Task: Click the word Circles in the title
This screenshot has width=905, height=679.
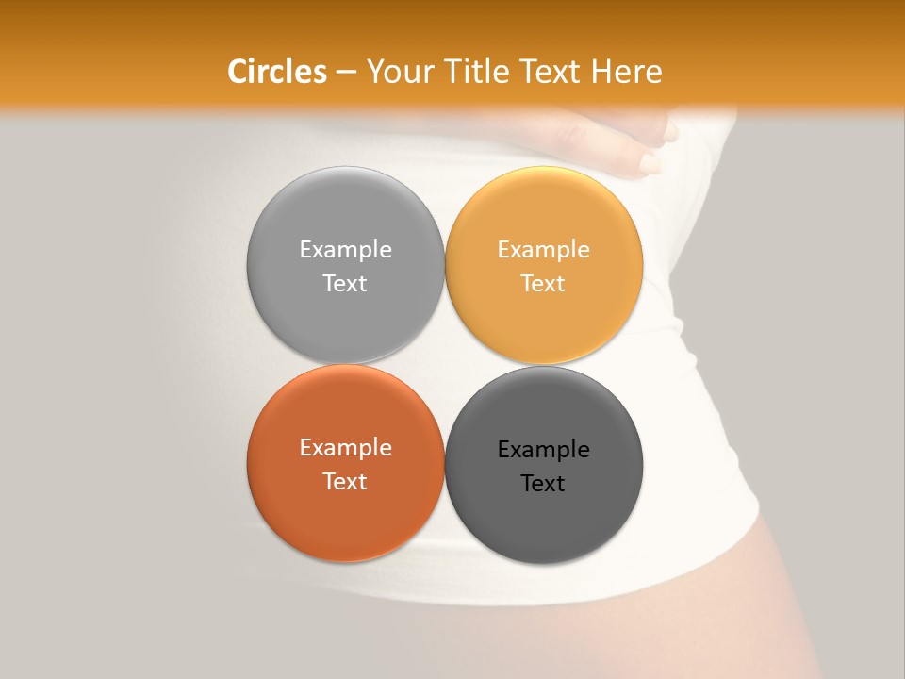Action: [276, 72]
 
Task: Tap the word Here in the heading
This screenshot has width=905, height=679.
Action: [627, 72]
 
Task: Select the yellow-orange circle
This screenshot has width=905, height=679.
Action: [543, 217]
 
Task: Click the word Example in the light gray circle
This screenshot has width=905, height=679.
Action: [345, 249]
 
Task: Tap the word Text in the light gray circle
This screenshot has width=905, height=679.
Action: [345, 283]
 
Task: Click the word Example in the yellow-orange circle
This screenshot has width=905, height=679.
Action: [543, 249]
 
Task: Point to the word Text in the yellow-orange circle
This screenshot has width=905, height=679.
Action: [543, 283]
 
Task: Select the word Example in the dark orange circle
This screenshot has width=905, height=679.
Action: [345, 447]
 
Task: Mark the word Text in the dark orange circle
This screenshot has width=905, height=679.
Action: [345, 481]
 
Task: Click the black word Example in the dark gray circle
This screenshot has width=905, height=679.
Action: [543, 449]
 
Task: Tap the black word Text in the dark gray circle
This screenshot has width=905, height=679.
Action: [543, 483]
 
